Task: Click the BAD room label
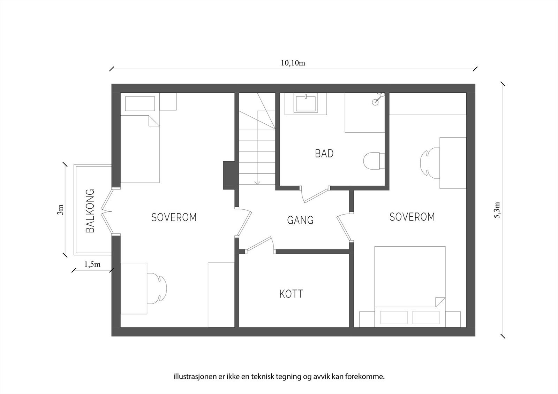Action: (x=324, y=153)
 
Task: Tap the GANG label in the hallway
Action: (x=300, y=220)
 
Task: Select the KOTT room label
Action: (x=291, y=294)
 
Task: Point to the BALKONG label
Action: (x=90, y=211)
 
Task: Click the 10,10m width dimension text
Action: (x=293, y=63)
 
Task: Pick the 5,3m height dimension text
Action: (x=497, y=210)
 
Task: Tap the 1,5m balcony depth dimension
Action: (x=92, y=264)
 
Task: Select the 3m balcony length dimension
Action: (x=60, y=210)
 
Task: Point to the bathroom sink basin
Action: (x=306, y=104)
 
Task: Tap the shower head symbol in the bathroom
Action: (x=377, y=98)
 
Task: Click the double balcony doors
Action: (x=107, y=211)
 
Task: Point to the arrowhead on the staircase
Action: (x=257, y=183)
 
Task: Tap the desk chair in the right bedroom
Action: (x=430, y=163)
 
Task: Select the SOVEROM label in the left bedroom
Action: (x=174, y=217)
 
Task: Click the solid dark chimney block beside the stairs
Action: (x=229, y=176)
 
